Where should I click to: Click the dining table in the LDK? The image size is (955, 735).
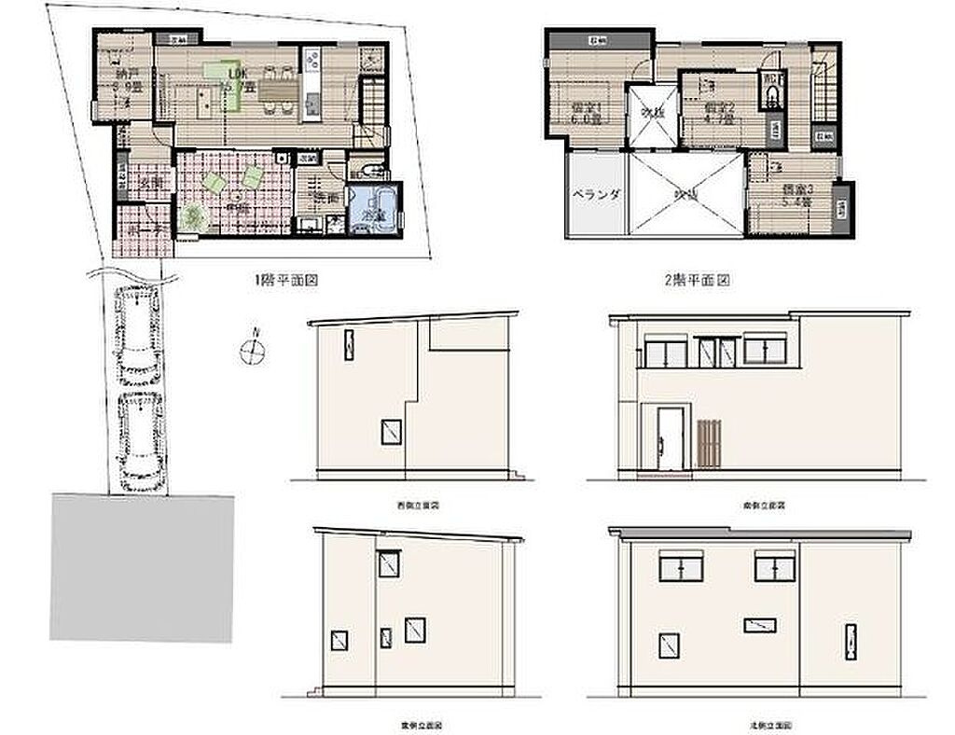click(x=274, y=90)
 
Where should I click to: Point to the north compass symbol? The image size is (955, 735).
click(x=253, y=350)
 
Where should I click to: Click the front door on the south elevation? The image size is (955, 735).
click(x=669, y=438)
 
